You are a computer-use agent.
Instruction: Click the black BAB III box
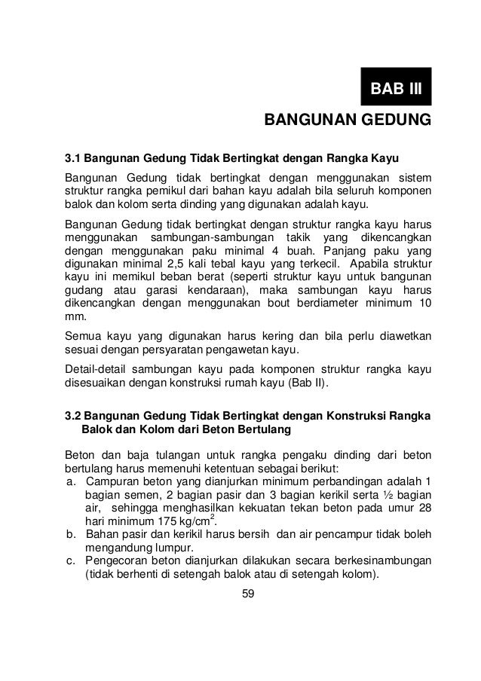pyautogui.click(x=396, y=91)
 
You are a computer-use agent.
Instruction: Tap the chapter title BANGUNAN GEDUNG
pyautogui.click(x=346, y=120)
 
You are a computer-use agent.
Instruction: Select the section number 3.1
pyautogui.click(x=72, y=159)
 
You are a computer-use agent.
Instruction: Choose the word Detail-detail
pyautogui.click(x=97, y=371)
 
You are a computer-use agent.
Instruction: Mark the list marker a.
pyautogui.click(x=72, y=482)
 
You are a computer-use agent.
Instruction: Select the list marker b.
pyautogui.click(x=72, y=535)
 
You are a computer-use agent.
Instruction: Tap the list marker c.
pyautogui.click(x=72, y=562)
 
